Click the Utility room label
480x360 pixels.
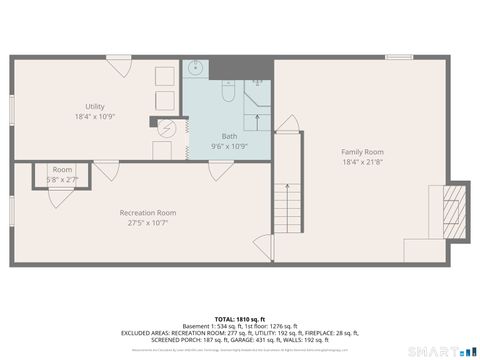coord(95,106)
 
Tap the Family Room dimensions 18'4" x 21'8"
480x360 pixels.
coord(362,162)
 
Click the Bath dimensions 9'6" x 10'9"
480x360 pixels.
coord(229,146)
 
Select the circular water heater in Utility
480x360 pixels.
coord(169,130)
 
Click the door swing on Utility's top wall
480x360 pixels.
coord(121,67)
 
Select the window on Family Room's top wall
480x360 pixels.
coord(399,58)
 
